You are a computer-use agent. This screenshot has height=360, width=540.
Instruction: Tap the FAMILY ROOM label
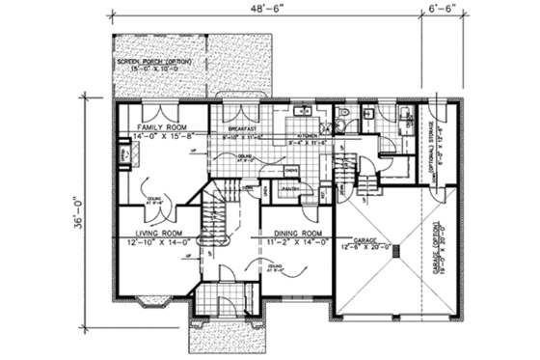pos(159,127)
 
